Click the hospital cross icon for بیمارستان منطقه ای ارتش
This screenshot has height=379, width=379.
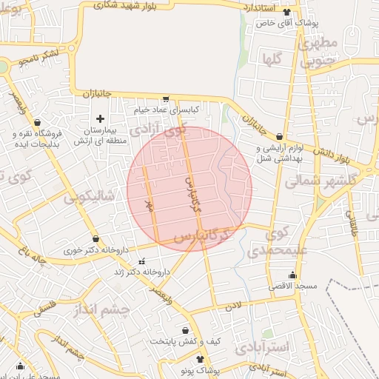pyautogui.click(x=101, y=118)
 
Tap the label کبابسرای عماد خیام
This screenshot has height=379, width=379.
pyautogui.click(x=167, y=110)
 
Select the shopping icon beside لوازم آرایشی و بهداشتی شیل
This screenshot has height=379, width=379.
pyautogui.click(x=279, y=137)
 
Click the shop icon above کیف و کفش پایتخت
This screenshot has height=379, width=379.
pyautogui.click(x=185, y=331)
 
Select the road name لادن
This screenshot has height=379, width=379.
pyautogui.click(x=234, y=305)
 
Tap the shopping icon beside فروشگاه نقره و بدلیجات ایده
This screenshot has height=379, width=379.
pyautogui.click(x=37, y=123)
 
